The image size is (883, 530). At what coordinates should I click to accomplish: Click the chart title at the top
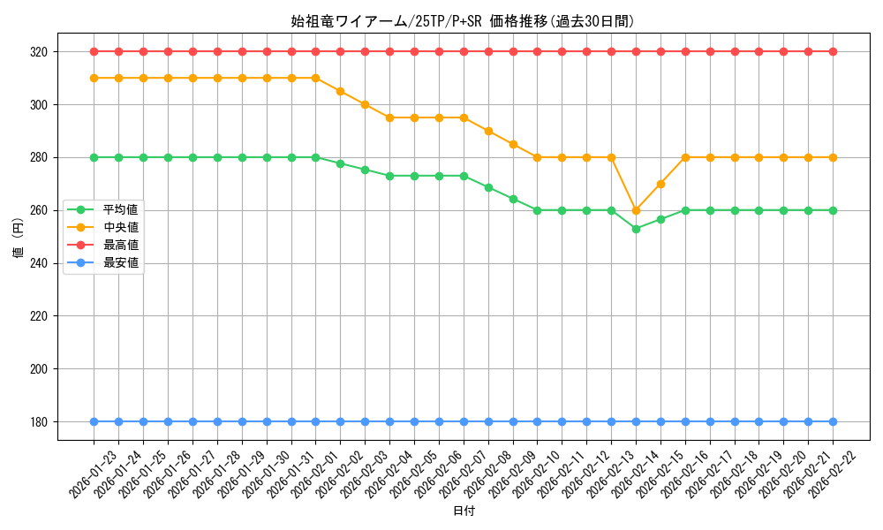pyautogui.click(x=463, y=21)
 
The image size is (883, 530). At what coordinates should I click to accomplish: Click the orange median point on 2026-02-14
pyautogui.click(x=636, y=210)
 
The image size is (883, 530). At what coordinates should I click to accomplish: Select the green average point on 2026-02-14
pyautogui.click(x=636, y=229)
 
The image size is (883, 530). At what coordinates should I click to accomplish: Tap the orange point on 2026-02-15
pyautogui.click(x=660, y=184)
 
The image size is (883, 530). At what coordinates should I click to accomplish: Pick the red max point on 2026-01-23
pyautogui.click(x=94, y=51)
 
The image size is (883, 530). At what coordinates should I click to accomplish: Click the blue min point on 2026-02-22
pyautogui.click(x=833, y=421)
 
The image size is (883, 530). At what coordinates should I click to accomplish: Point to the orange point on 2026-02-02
pyautogui.click(x=340, y=91)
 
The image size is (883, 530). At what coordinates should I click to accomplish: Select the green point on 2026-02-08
pyautogui.click(x=488, y=187)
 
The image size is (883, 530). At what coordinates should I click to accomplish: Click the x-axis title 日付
pyautogui.click(x=463, y=511)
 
